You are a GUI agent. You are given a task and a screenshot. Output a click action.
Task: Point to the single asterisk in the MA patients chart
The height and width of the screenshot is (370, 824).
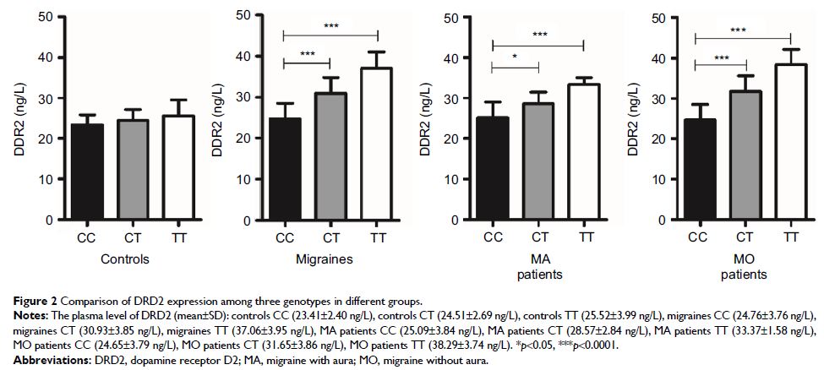pyautogui.click(x=515, y=57)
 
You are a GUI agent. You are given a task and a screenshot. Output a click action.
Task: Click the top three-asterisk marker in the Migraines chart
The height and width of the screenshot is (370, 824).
pyautogui.click(x=330, y=26)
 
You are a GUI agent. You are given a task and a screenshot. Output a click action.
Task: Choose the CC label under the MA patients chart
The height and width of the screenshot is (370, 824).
pyautogui.click(x=493, y=239)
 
